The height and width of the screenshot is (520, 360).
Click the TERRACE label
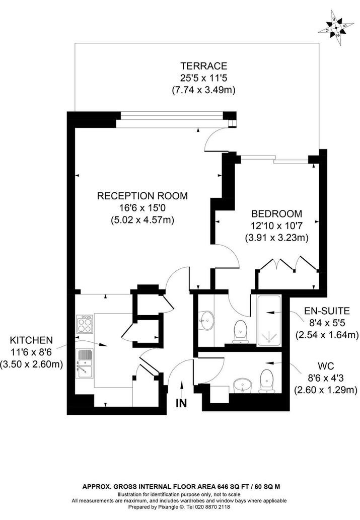coord(204,65)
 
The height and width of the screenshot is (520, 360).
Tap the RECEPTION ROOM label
coord(142,196)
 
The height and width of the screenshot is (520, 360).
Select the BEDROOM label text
coord(277,213)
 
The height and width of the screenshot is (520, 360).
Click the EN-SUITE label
coord(327,311)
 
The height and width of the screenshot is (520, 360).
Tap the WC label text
coord(325,366)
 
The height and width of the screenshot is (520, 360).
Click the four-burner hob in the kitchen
coord(84,324)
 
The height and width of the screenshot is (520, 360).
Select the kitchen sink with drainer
coord(84,364)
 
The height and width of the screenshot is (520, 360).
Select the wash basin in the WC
coord(243,386)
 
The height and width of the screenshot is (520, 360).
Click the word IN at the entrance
coord(181,403)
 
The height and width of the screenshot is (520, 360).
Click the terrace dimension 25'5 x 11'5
coord(204,78)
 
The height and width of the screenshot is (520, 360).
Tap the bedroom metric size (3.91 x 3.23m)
coord(277,238)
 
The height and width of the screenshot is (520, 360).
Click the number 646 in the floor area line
coord(223,487)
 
